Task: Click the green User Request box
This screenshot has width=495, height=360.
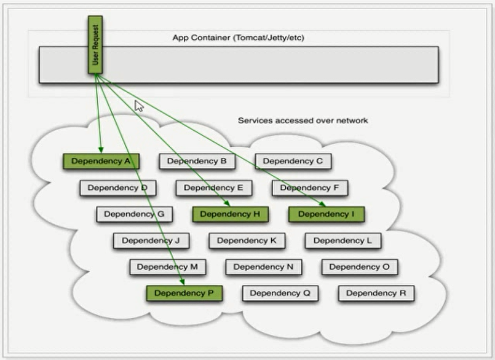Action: pyautogui.click(x=95, y=45)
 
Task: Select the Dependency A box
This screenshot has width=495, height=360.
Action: pyautogui.click(x=101, y=162)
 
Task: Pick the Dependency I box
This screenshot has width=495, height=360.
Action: pyautogui.click(x=327, y=214)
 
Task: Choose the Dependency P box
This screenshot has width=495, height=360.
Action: pyautogui.click(x=184, y=293)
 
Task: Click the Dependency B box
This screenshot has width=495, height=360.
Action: pyautogui.click(x=197, y=162)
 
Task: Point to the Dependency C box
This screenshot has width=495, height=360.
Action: pyautogui.click(x=293, y=162)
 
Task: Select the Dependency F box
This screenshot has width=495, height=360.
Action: pyautogui.click(x=310, y=188)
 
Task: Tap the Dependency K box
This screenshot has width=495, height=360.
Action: pyautogui.click(x=247, y=241)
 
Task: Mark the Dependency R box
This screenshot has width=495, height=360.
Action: pyautogui.click(x=376, y=293)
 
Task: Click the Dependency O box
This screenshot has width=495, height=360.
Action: pyautogui.click(x=360, y=267)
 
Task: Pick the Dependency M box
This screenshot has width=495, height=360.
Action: pyautogui.click(x=167, y=267)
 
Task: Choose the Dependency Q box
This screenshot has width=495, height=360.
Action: pyautogui.click(x=280, y=293)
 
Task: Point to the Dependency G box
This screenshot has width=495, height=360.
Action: pyautogui.click(x=134, y=214)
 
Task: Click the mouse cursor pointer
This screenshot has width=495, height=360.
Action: pyautogui.click(x=139, y=106)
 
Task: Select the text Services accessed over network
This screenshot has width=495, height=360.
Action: pyautogui.click(x=303, y=120)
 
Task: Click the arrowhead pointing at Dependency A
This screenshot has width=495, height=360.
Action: pyautogui.click(x=101, y=149)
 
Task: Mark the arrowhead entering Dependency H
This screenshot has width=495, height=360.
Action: pyautogui.click(x=227, y=203)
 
